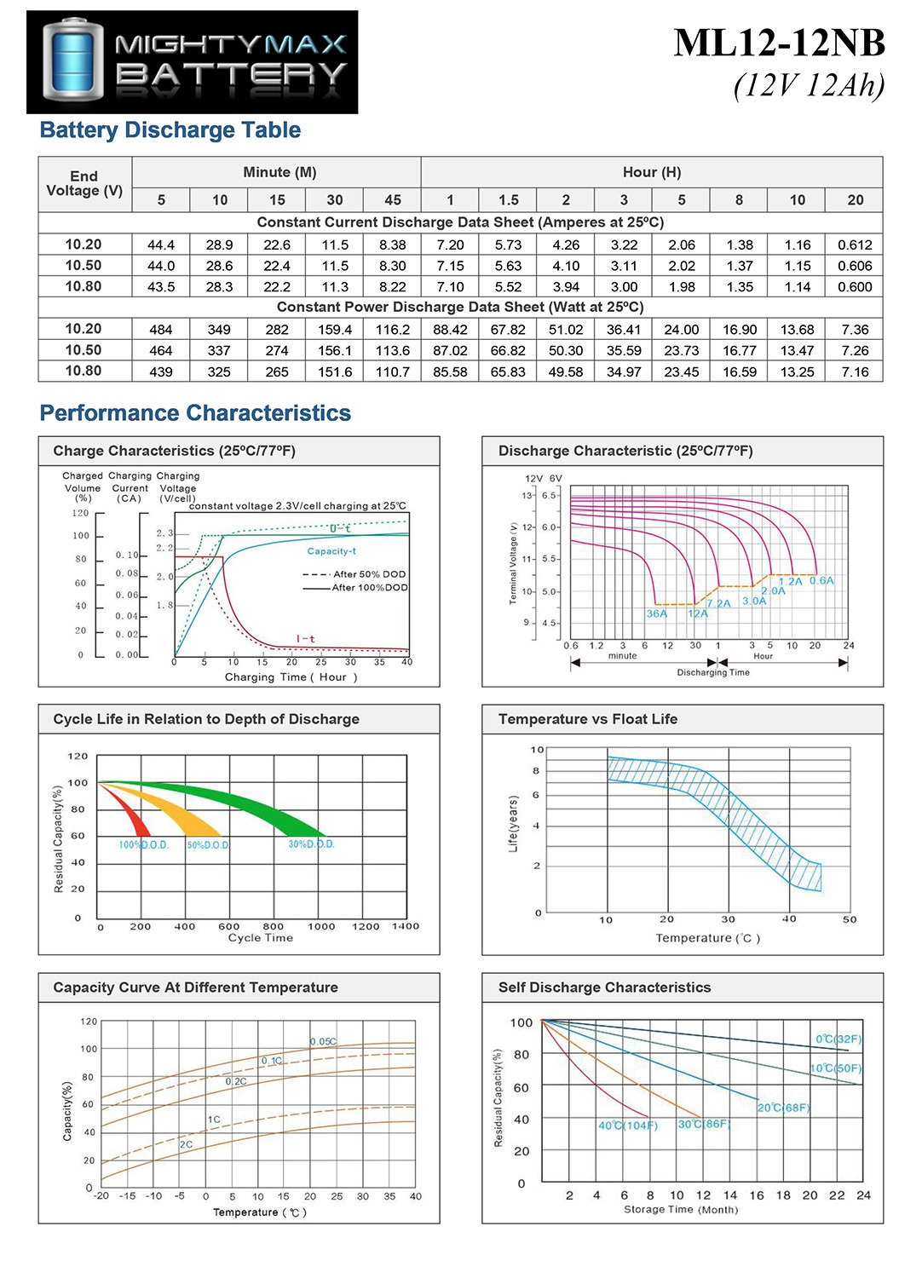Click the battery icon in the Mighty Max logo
73,60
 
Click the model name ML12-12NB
780,43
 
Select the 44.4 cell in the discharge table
161,245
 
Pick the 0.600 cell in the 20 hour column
855,287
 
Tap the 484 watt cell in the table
161,329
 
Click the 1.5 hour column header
509,200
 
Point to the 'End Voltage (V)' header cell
84,184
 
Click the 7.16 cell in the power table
855,372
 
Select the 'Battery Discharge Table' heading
170,130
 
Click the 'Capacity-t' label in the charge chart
331,551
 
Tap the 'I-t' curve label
306,639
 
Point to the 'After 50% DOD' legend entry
354,574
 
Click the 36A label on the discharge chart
657,614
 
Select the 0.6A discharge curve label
821,581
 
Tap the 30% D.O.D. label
312,843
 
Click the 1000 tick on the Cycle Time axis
321,927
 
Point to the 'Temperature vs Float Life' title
588,719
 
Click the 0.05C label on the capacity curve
324,1042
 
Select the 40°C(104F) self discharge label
628,1125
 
